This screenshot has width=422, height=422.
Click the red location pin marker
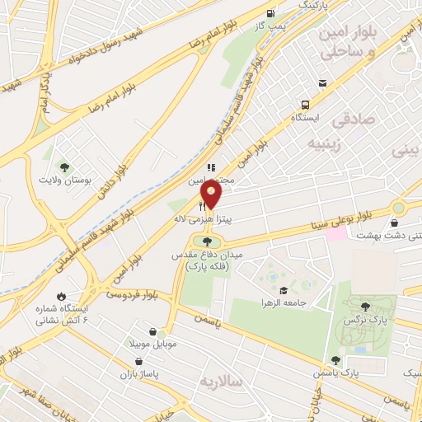point(211,196)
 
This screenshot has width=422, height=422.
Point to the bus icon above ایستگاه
point(305,105)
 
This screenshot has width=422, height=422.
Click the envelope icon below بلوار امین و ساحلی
point(322,82)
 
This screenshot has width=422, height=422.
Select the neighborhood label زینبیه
point(299,143)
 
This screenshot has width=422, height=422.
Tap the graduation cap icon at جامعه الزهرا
point(284,290)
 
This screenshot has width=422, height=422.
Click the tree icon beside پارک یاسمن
point(335,360)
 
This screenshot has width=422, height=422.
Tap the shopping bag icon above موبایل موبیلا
point(153,331)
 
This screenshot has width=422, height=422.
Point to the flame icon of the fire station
point(61,296)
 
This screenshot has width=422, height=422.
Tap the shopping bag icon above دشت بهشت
point(395,223)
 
